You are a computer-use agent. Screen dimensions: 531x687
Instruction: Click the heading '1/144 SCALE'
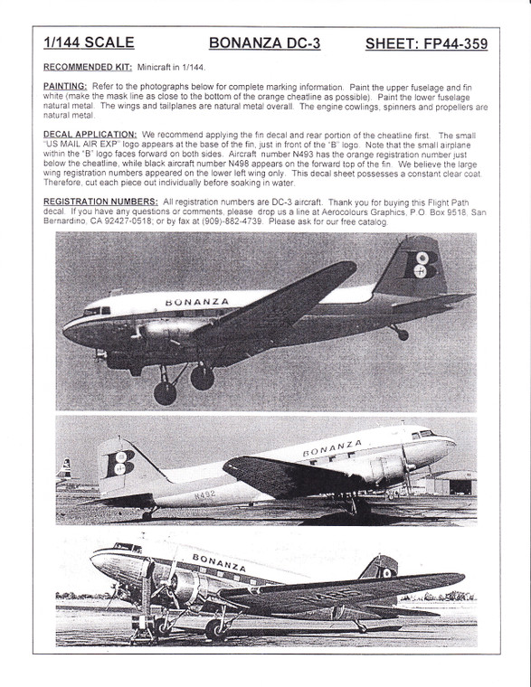(89, 42)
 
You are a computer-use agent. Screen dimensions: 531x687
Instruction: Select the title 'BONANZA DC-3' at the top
(264, 42)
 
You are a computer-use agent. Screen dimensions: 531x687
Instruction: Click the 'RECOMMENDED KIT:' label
(88, 67)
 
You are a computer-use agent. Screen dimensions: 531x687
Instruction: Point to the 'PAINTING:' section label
(66, 83)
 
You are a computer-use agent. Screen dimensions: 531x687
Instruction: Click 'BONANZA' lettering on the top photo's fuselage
(197, 301)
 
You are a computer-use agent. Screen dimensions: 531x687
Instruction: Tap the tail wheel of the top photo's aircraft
(400, 334)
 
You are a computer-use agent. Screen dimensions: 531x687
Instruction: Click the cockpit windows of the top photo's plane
(93, 311)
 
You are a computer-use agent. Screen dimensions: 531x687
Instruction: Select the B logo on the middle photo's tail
(119, 464)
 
